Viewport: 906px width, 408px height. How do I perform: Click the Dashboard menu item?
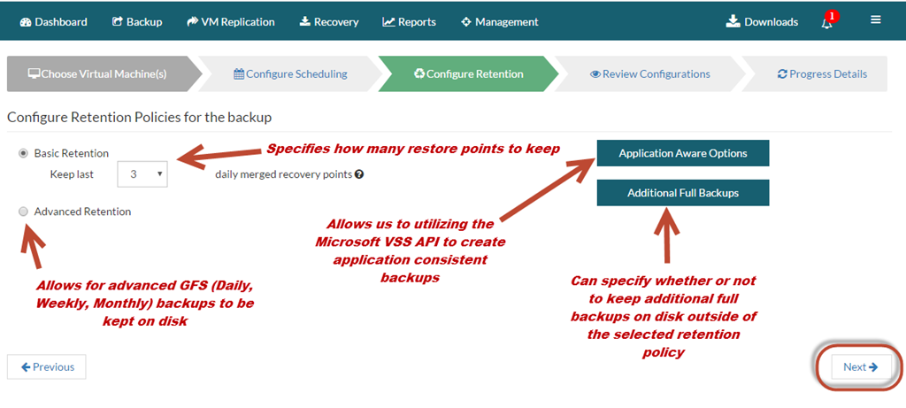(x=54, y=22)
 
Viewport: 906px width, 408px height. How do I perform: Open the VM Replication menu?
(x=231, y=22)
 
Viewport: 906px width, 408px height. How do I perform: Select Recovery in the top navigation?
(x=329, y=22)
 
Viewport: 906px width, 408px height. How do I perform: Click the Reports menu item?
(x=409, y=22)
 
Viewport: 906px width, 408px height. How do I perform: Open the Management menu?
(x=500, y=22)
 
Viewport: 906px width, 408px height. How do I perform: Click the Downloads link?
(x=762, y=22)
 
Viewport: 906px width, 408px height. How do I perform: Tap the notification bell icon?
(x=827, y=22)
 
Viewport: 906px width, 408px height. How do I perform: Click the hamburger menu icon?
(x=876, y=19)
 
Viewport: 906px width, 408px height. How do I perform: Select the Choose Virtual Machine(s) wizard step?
(x=97, y=74)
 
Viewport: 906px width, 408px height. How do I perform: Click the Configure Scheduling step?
(x=290, y=74)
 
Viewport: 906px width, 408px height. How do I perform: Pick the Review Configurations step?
(x=650, y=74)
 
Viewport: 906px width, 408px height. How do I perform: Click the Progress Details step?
(x=822, y=74)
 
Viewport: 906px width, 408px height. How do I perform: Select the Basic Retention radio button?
(x=24, y=153)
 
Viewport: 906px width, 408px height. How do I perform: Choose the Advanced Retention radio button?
(x=24, y=212)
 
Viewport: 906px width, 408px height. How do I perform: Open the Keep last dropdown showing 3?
(x=142, y=174)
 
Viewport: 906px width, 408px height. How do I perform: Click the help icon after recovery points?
(x=359, y=174)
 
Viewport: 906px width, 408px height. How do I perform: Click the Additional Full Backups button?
(x=683, y=193)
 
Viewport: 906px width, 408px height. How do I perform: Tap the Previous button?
(x=47, y=367)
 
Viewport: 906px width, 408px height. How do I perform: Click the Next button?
(x=861, y=367)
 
